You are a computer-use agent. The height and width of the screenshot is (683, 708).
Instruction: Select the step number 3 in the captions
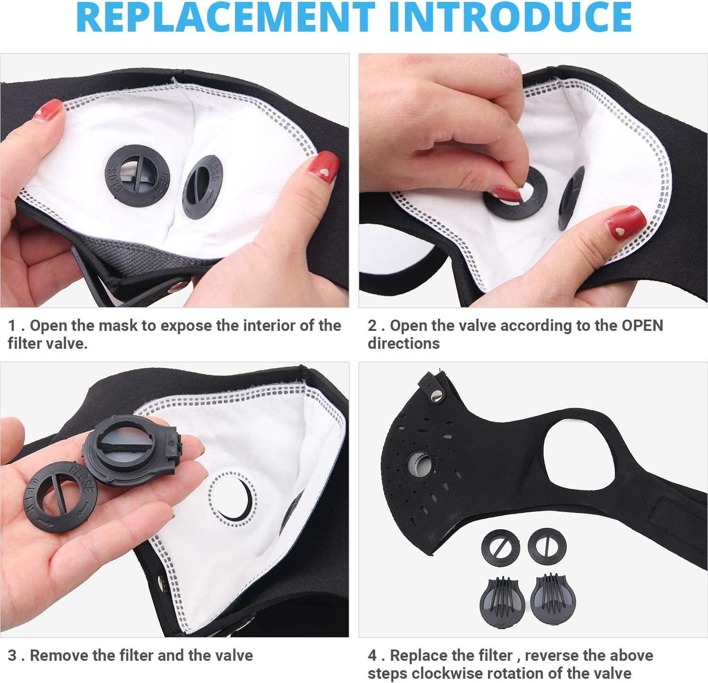[x=12, y=655]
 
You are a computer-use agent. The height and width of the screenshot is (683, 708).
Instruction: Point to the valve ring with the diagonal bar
[x=500, y=548]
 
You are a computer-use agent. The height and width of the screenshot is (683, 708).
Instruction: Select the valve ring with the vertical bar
[x=547, y=546]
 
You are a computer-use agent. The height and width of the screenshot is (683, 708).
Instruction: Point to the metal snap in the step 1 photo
[x=179, y=285]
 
